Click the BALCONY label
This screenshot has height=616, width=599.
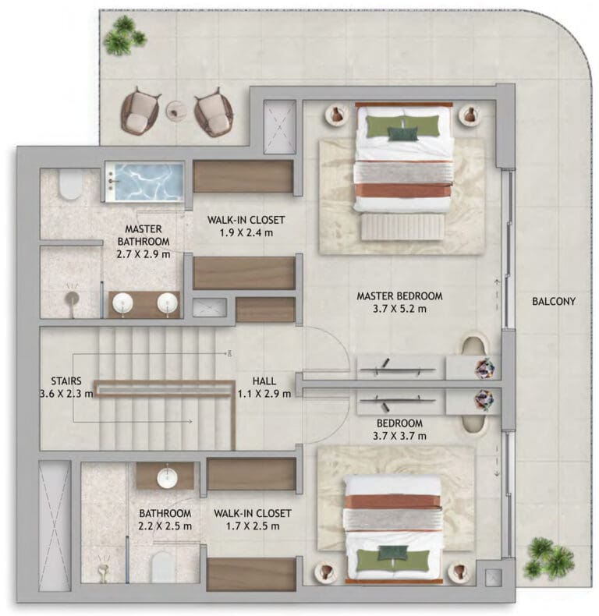tap(554, 301)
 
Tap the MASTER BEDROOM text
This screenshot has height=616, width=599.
tap(399, 296)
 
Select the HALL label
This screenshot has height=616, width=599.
tap(264, 381)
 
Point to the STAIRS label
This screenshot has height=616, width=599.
tap(66, 381)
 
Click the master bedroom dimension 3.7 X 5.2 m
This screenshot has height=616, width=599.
tap(399, 309)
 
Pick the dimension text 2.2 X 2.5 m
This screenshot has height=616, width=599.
tap(165, 526)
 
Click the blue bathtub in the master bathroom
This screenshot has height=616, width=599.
tap(144, 182)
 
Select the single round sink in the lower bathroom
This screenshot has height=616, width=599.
tap(167, 478)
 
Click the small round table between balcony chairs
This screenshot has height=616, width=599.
tap(175, 111)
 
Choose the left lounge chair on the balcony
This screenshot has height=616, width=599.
tap(140, 111)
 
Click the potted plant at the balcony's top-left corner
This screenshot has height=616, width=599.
tap(125, 35)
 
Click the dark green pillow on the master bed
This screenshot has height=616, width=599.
tap(403, 134)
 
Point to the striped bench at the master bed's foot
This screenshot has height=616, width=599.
tap(403, 226)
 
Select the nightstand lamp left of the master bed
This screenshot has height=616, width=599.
tap(336, 115)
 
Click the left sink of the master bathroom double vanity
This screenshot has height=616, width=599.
tap(122, 303)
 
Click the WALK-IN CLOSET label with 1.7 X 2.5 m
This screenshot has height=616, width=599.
tap(253, 514)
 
